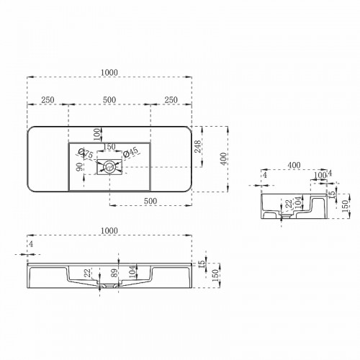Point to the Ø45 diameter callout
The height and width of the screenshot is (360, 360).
[132, 153]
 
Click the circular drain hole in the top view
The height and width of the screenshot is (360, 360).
[109, 167]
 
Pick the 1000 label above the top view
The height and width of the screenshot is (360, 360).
[109, 72]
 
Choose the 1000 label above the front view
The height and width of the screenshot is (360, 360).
[109, 230]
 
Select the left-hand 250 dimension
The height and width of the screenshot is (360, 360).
[49, 99]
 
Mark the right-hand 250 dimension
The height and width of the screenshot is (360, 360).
[171, 99]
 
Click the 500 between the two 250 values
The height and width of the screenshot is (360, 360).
[109, 99]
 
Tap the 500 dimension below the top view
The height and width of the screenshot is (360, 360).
[151, 200]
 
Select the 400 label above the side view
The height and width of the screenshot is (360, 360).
[294, 166]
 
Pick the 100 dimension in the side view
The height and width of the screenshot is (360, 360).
[318, 176]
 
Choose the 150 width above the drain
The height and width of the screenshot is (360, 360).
[109, 147]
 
